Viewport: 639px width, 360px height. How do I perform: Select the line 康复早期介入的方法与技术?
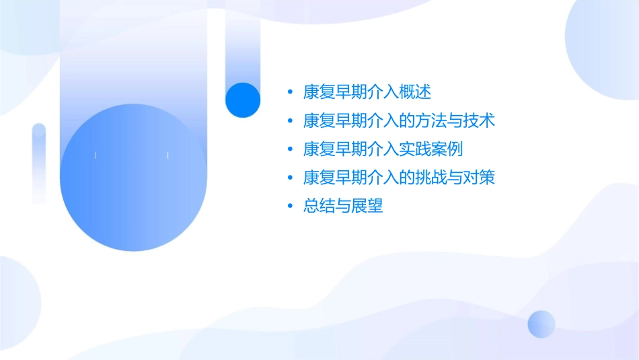tap(400, 120)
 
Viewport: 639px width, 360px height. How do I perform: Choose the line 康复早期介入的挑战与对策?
tap(400, 178)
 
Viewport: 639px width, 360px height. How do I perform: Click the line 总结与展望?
tap(343, 207)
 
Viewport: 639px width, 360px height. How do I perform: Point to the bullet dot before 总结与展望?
tap(290, 207)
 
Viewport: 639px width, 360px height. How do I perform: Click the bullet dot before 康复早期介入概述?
tap(290, 92)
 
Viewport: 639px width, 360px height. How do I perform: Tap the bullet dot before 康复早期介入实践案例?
tap(290, 149)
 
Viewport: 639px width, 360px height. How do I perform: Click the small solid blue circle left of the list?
tap(242, 100)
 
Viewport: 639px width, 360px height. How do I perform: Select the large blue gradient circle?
tap(133, 178)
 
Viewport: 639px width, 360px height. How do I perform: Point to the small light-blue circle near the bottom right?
tap(541, 324)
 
